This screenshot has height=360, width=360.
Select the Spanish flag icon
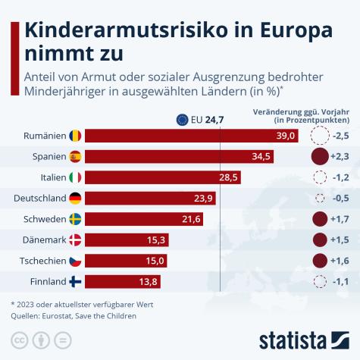point(75,157)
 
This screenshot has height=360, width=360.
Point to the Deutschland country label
point(39,199)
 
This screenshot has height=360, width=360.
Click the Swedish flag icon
point(75,219)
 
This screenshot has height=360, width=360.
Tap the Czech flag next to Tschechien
point(75,261)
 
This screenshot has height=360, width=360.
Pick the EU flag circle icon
point(183,119)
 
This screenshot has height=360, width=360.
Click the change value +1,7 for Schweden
point(340,219)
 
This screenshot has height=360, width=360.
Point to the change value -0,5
point(340,199)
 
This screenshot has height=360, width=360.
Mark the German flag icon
point(75,199)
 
